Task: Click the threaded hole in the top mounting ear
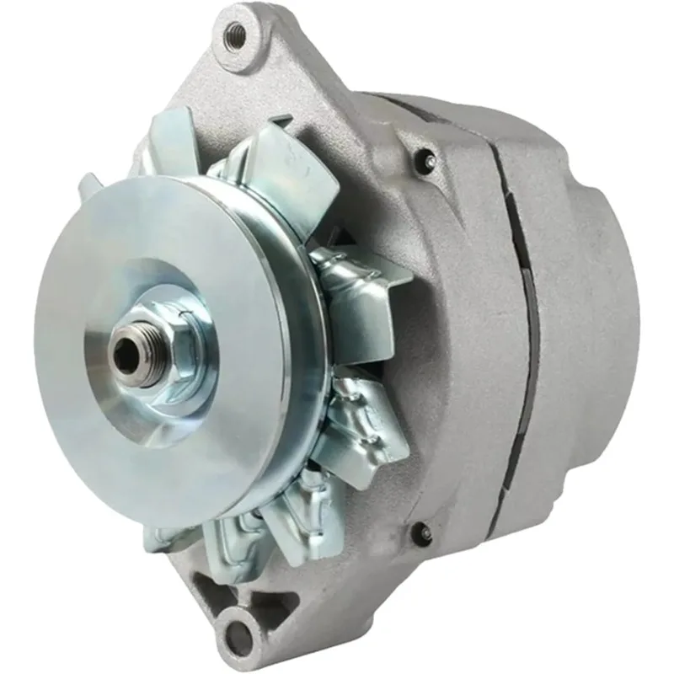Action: click(x=237, y=33)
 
